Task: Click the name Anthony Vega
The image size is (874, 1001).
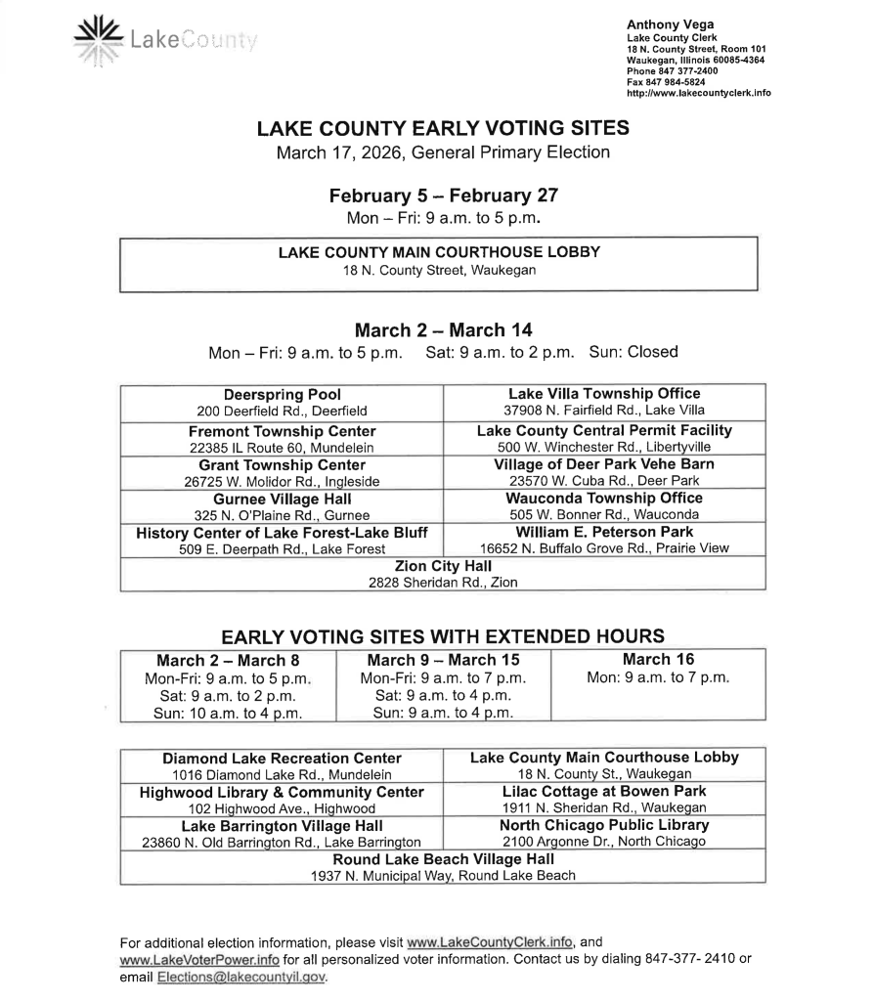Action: pyautogui.click(x=670, y=25)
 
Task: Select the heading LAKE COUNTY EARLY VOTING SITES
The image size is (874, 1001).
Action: pyautogui.click(x=443, y=129)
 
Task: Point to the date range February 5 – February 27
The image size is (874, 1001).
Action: pyautogui.click(x=443, y=195)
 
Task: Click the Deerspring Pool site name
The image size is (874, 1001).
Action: pyautogui.click(x=282, y=395)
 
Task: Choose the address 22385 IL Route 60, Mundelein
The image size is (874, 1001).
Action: pyautogui.click(x=282, y=447)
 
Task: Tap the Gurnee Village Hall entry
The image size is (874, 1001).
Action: pyautogui.click(x=282, y=499)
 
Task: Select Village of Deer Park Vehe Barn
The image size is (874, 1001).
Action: pyautogui.click(x=603, y=464)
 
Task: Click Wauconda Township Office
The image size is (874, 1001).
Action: pyautogui.click(x=603, y=499)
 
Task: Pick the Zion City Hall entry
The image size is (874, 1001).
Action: pyautogui.click(x=443, y=566)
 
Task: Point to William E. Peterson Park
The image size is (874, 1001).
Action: pyautogui.click(x=603, y=532)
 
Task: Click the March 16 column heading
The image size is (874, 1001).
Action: pyautogui.click(x=658, y=660)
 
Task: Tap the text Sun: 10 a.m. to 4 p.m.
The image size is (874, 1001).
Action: pyautogui.click(x=228, y=713)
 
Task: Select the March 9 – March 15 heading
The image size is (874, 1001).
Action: pyautogui.click(x=443, y=660)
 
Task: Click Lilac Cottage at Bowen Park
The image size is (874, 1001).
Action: pyautogui.click(x=603, y=791)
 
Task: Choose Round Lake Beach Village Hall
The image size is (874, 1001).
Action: pyautogui.click(x=443, y=859)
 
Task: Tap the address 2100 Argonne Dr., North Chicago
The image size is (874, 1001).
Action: pyautogui.click(x=603, y=842)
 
